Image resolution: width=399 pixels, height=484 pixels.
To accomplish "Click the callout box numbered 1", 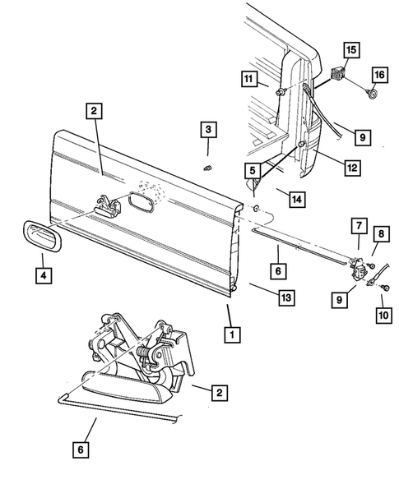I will pos(234,334).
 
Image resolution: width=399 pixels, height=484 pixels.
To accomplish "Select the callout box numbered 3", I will pos(208,130).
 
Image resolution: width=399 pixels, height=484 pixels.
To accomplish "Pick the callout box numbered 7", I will pos(358,225).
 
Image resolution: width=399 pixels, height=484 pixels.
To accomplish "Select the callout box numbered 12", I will pos(351,168).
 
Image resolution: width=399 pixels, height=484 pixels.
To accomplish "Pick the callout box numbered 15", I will pos(350,51).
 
